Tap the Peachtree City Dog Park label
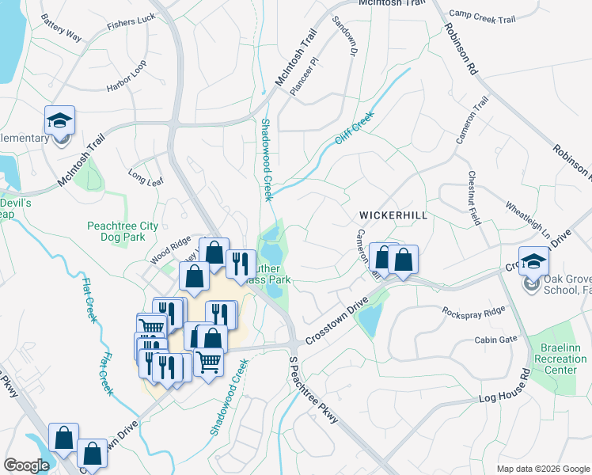pos(123,230)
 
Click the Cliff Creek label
pos(353,128)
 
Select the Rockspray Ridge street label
pos(473,311)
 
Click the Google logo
pos(27,465)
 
